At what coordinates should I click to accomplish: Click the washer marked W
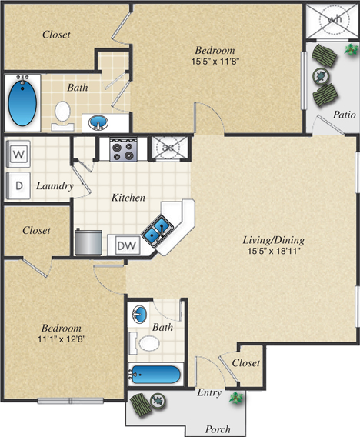tap(18, 153)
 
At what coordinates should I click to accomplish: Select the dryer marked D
tap(18, 185)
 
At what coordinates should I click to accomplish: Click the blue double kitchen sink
tap(160, 229)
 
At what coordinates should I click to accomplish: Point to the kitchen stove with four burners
tap(123, 148)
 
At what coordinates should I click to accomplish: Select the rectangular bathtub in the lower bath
tap(155, 376)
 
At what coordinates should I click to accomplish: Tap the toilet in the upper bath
tap(63, 114)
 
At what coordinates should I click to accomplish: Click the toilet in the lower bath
tap(147, 342)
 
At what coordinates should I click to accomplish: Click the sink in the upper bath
tap(98, 122)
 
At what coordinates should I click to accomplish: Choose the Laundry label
tap(55, 186)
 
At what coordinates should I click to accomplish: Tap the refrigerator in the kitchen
tap(89, 242)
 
